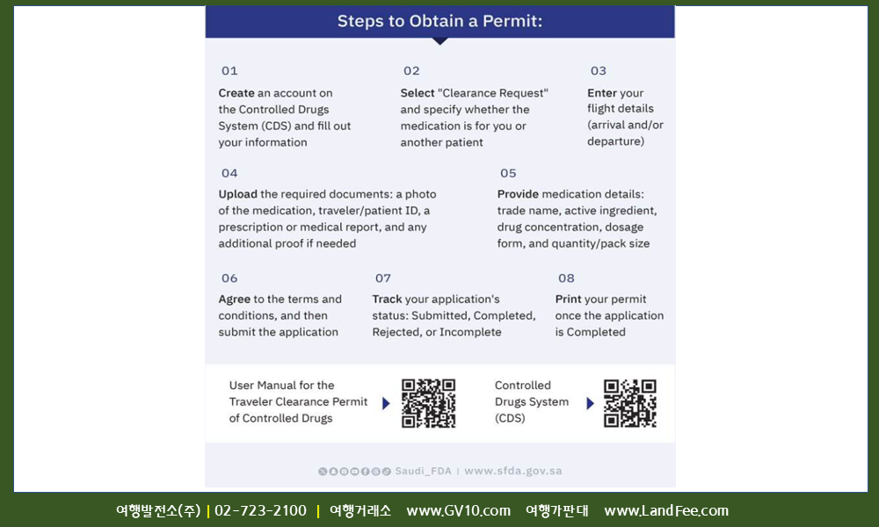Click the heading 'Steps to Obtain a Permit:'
coord(439,21)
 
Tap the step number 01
coord(229,70)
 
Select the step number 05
coord(508,173)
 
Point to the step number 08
coord(566,278)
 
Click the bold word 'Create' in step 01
coord(236,93)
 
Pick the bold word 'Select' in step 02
coord(418,93)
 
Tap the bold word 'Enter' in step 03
coord(601,93)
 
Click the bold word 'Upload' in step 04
coord(237,194)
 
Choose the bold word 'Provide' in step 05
coord(518,194)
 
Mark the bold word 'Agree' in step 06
coord(235,299)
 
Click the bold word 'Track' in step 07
coord(388,299)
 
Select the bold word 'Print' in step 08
coord(568,299)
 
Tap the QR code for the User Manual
coord(428,403)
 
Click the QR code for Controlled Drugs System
coord(630,403)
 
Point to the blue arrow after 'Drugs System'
coord(590,403)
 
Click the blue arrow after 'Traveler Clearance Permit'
coord(386,403)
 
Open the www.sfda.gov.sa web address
coord(513,471)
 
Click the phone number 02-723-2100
coord(261,510)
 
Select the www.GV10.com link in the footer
coord(459,511)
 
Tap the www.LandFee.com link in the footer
coord(666,511)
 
